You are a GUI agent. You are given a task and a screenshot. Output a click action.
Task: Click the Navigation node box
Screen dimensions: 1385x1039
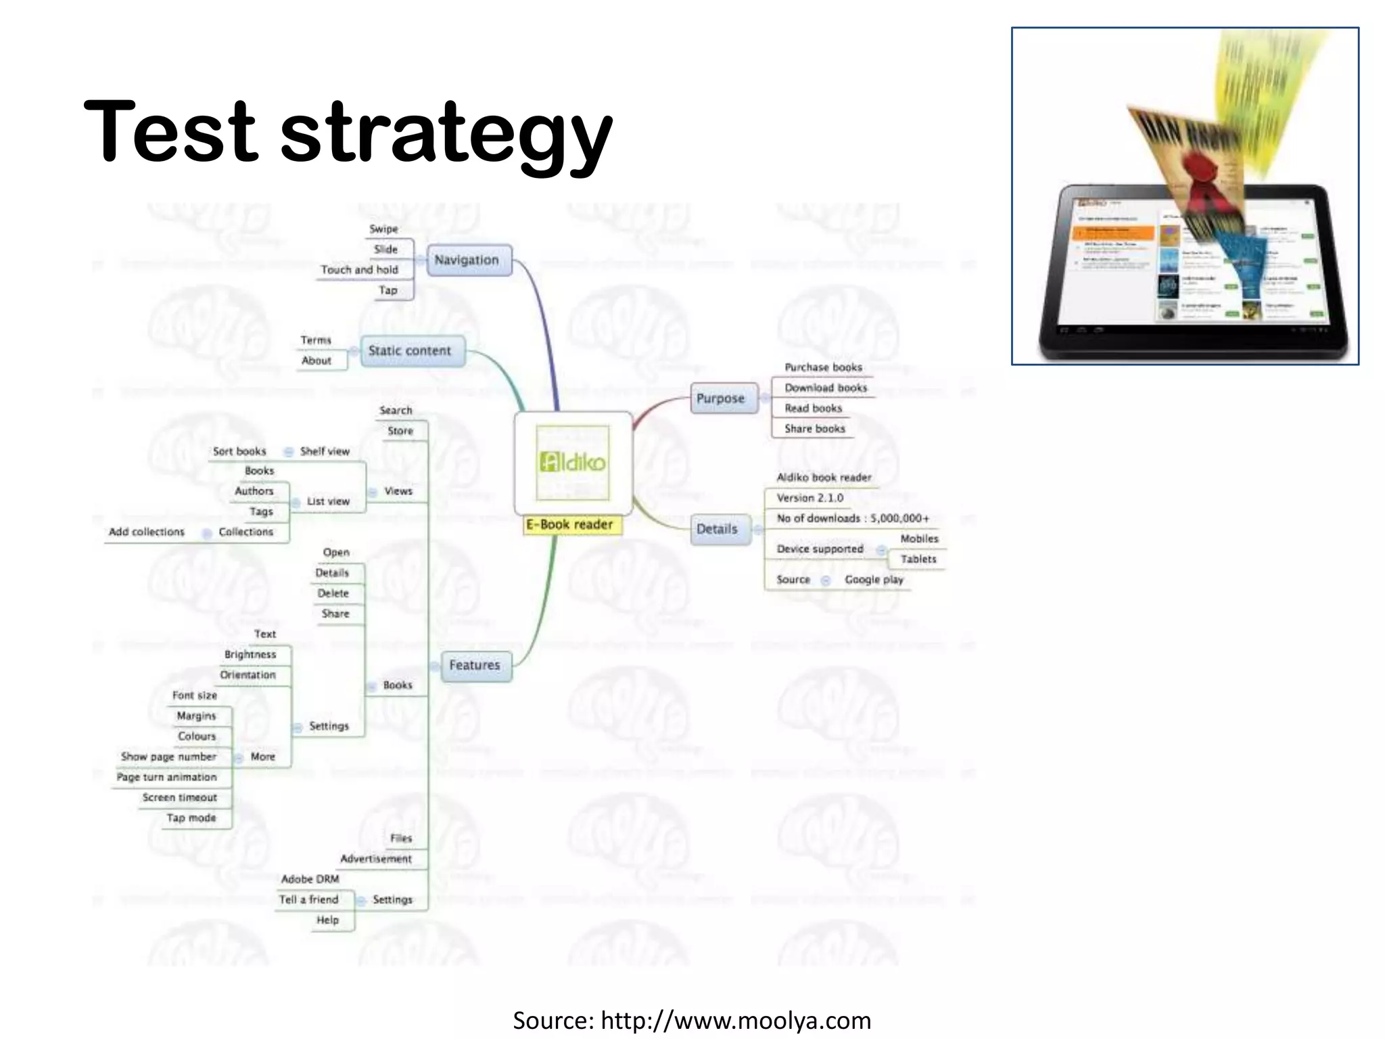click(469, 260)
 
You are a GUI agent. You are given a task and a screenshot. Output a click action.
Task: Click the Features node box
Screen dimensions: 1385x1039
click(475, 666)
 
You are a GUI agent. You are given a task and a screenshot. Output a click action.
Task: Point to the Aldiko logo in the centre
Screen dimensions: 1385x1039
click(572, 463)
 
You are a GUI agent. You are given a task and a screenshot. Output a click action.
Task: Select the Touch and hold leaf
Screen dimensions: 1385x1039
click(359, 270)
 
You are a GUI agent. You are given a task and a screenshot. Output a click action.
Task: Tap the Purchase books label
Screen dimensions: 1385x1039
click(823, 367)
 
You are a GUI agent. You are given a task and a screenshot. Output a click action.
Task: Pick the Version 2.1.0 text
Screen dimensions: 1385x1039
click(809, 498)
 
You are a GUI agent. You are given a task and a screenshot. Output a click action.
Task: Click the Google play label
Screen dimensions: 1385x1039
click(874, 580)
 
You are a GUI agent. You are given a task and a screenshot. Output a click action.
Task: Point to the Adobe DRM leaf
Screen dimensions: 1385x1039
click(310, 879)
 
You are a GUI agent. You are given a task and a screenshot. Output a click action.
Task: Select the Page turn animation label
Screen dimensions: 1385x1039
click(167, 777)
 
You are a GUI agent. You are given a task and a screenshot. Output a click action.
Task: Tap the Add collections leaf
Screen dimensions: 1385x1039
click(147, 532)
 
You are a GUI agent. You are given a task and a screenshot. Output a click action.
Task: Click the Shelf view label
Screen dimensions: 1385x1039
click(325, 451)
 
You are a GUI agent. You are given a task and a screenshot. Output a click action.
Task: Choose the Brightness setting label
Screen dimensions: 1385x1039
click(250, 655)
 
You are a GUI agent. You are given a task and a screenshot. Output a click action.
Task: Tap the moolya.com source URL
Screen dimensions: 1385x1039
click(735, 1021)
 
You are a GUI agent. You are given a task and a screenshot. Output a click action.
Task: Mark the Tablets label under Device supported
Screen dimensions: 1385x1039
click(918, 559)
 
